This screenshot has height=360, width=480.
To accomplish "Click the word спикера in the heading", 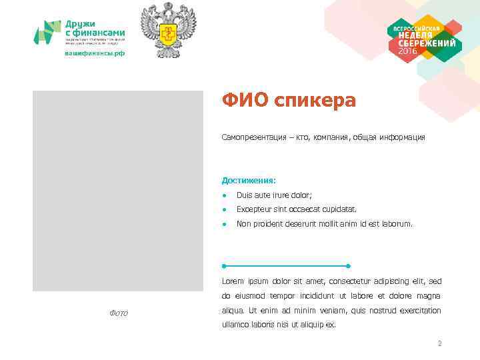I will click(x=314, y=102).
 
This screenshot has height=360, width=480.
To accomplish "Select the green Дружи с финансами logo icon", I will click(x=47, y=32).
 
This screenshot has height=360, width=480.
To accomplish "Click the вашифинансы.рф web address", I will click(x=94, y=53).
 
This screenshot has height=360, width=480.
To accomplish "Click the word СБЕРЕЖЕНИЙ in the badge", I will click(x=425, y=43).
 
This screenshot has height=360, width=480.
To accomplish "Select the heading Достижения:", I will click(x=249, y=180).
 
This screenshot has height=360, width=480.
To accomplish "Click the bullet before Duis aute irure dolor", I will click(x=226, y=195).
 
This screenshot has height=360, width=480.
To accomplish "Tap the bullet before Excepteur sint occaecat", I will click(x=226, y=209).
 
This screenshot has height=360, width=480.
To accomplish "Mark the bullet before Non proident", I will click(x=226, y=224).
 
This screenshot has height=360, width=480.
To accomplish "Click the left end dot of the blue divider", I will click(x=224, y=266).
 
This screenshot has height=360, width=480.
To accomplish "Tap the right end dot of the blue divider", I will click(x=348, y=266).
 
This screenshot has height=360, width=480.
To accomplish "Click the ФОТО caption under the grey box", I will click(x=118, y=313).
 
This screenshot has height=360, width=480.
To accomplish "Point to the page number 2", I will click(x=439, y=344).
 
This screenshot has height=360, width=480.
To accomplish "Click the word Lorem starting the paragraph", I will click(x=233, y=281).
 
